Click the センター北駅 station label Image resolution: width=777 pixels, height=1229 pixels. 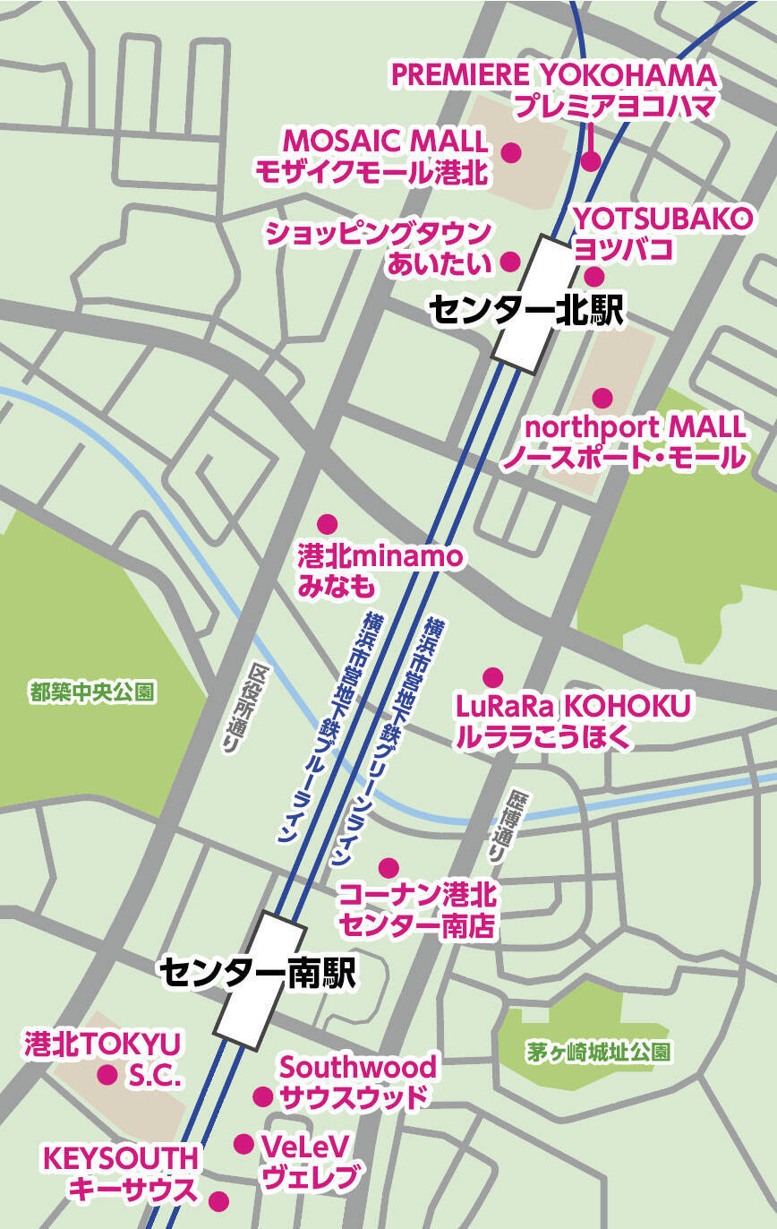tap(525, 310)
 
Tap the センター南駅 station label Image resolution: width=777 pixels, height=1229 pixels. tap(258, 973)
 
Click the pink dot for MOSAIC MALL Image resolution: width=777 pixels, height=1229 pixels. tap(511, 152)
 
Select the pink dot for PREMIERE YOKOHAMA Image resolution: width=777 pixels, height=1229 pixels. tap(590, 161)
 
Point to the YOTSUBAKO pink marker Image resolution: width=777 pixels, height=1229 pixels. tap(595, 277)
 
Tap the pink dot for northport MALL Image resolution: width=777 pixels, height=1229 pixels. tap(602, 397)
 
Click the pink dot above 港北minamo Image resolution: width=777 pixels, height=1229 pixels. tap(328, 523)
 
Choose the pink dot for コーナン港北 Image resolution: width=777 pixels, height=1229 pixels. tap(388, 867)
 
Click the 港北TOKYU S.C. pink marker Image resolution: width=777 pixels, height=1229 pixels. tap(107, 1074)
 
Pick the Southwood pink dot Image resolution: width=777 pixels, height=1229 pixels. tap(262, 1096)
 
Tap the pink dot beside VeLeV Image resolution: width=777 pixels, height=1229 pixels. tap(243, 1144)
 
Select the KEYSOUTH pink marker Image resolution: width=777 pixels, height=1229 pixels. tap(218, 1201)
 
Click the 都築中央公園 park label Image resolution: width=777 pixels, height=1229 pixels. tap(92, 692)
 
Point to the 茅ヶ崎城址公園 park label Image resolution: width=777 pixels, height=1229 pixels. tap(598, 1053)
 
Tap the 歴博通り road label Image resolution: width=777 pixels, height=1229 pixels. tap(499, 826)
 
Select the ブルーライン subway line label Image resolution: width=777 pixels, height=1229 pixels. tap(329, 726)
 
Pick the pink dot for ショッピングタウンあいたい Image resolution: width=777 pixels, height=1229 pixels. tap(510, 262)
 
